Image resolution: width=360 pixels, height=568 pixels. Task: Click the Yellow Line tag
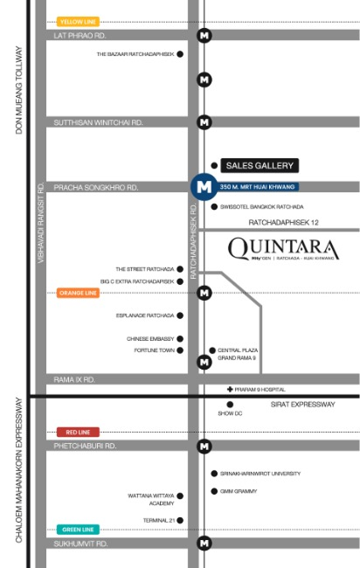coord(78,21)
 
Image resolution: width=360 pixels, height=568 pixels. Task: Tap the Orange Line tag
coord(78,293)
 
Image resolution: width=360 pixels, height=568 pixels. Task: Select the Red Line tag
coord(78,432)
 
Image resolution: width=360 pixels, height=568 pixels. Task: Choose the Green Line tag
coord(78,530)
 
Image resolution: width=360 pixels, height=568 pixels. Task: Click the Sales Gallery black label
coord(260,165)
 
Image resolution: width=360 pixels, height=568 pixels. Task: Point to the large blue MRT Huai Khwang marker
coord(204,186)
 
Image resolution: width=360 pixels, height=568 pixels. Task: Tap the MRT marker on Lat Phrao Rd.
coord(204,36)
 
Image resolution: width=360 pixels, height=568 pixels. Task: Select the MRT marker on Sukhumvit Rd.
coord(204,544)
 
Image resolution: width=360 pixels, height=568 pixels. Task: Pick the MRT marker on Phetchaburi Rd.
coord(204,447)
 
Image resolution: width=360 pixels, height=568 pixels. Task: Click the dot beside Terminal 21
coord(180,520)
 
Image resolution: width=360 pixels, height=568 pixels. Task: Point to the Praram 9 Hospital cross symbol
coord(230,389)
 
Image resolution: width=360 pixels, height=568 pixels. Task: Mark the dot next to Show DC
coord(230,405)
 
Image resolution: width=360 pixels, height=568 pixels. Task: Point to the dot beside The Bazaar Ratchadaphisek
coord(180,54)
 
